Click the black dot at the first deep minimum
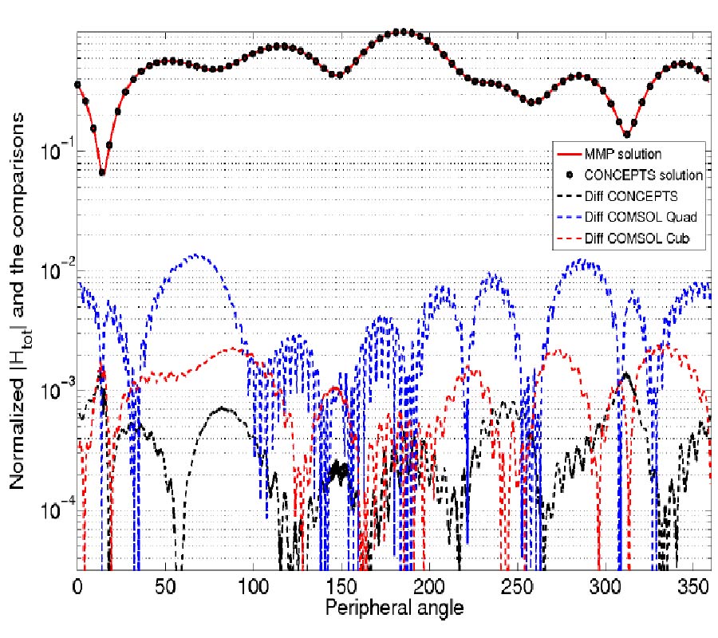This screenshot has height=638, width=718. point(101,171)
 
